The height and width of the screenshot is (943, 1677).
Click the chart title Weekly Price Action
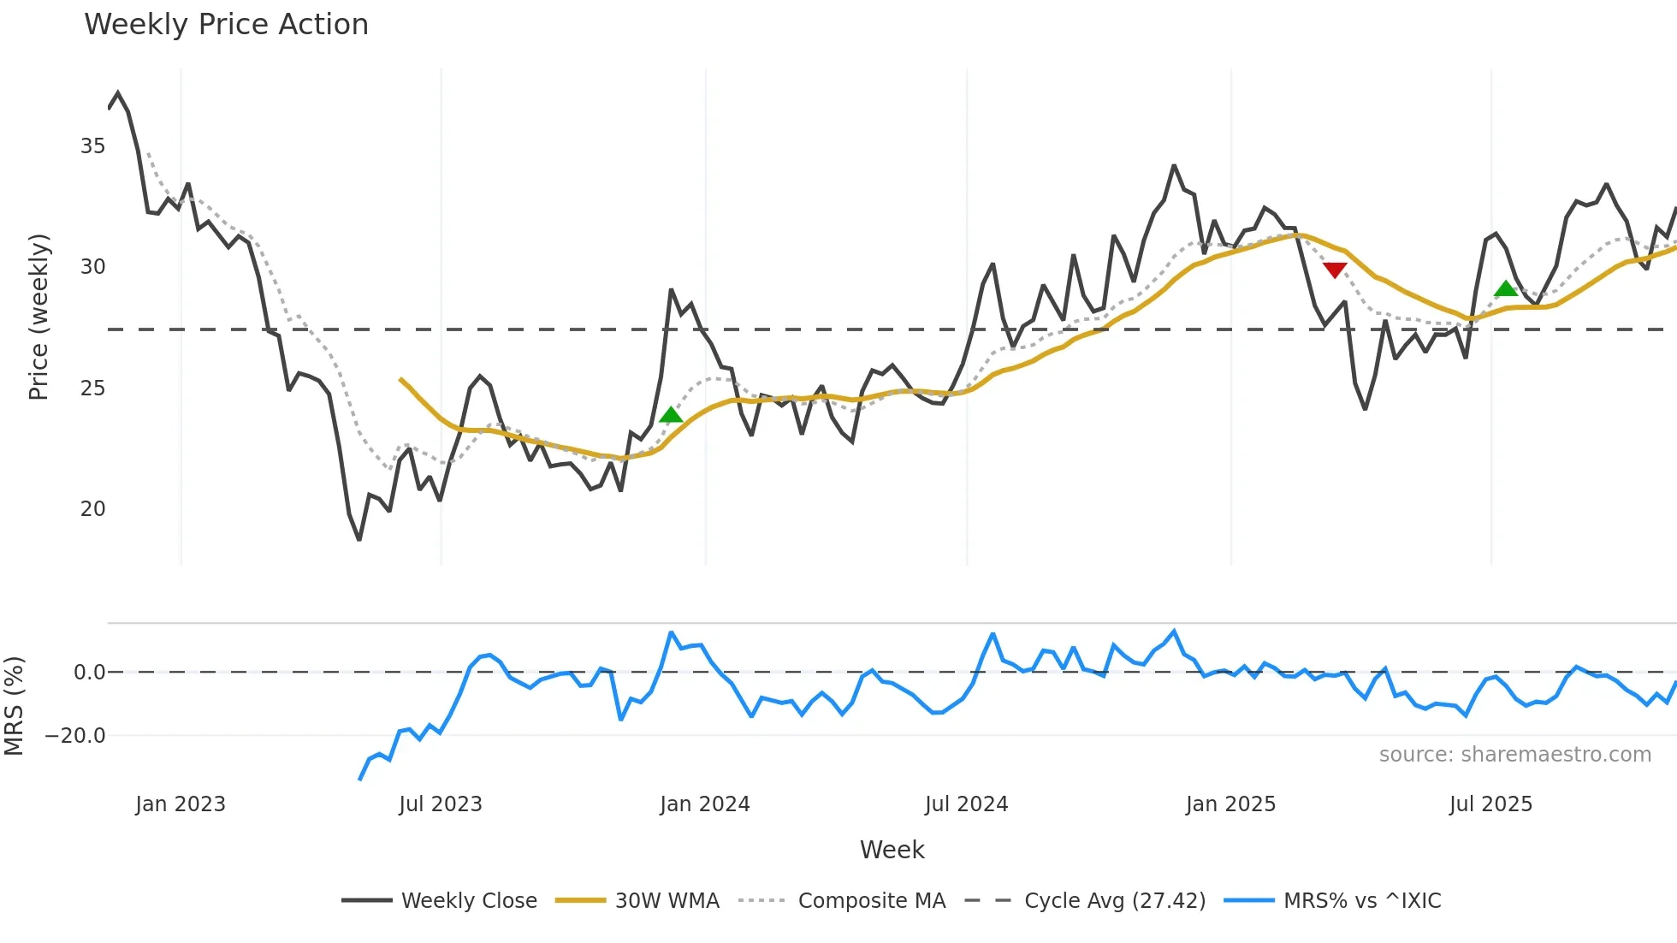226,25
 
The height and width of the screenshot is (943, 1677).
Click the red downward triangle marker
1335,270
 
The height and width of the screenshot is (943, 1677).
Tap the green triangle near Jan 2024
672,416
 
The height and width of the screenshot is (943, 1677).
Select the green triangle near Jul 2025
1506,289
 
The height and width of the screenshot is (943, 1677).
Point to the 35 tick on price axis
92,146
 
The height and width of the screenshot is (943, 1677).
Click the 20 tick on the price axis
92,509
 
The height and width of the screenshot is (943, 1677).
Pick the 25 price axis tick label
92,388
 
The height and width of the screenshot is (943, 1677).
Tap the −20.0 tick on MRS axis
75,736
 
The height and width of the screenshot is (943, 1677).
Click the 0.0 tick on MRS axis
89,673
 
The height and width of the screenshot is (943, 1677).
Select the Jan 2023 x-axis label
181,804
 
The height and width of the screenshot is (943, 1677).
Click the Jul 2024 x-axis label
966,804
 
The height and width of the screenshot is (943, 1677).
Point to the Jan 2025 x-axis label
1230,804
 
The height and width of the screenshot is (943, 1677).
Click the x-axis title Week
892,850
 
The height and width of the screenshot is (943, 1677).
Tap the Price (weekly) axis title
39,317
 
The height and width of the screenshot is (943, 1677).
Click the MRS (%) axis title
14,706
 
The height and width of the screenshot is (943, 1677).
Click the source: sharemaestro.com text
1514,755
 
